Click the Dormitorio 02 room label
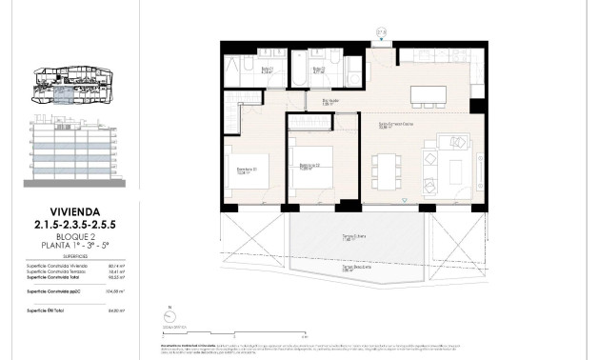(x=307, y=166)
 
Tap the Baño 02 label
(x=320, y=70)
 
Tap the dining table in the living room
(x=386, y=170)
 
